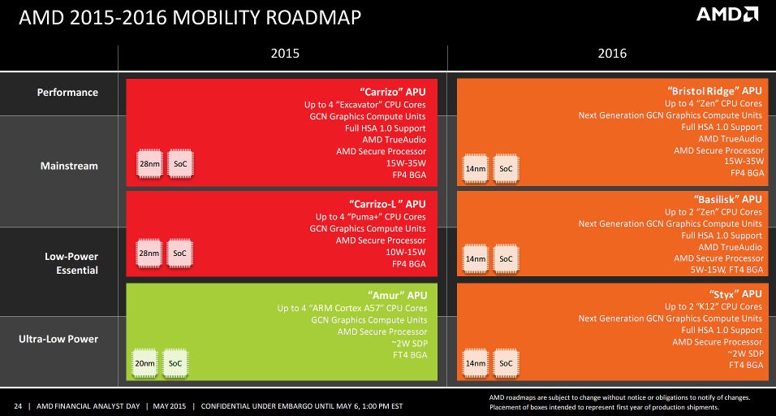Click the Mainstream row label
tap(69, 166)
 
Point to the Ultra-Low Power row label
tap(58, 340)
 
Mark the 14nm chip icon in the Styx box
tap(475, 364)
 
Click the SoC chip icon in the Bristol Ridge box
tap(505, 168)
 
